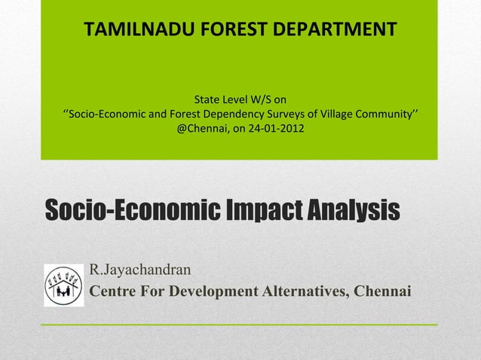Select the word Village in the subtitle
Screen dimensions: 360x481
[x=337, y=114]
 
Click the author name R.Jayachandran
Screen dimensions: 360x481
[x=139, y=269]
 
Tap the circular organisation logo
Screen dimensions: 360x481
[x=63, y=285]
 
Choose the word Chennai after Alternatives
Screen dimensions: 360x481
[x=381, y=291]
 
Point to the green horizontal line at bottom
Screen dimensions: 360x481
[x=238, y=324]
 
